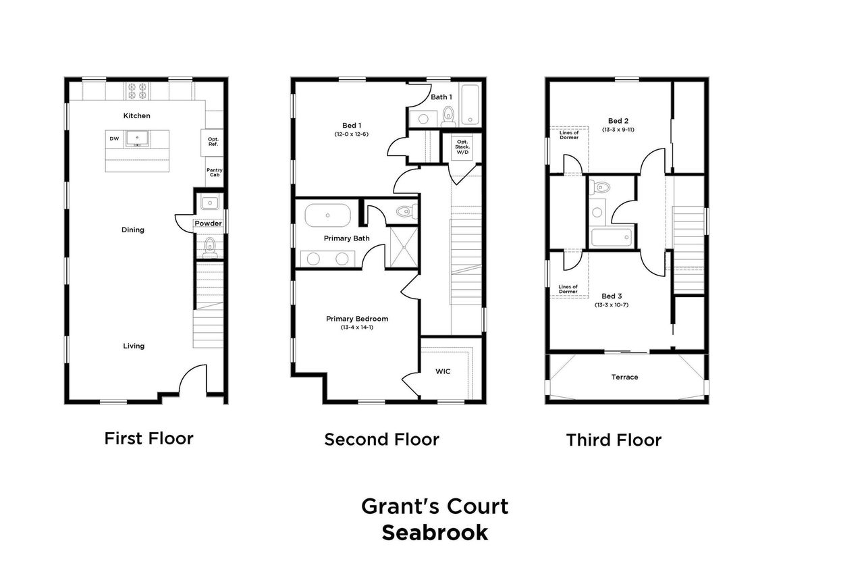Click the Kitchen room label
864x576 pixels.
[x=137, y=115]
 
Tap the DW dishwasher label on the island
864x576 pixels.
[x=114, y=139]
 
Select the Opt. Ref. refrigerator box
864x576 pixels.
[x=213, y=142]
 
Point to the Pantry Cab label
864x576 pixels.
[x=214, y=172]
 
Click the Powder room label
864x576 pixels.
[x=208, y=224]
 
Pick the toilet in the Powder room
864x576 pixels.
[x=209, y=246]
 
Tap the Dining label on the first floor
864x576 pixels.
[x=133, y=230]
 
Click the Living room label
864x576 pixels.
[x=134, y=346]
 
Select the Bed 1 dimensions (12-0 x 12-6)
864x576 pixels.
[x=351, y=134]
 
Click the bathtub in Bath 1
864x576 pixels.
[x=470, y=104]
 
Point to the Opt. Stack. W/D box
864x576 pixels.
[x=462, y=146]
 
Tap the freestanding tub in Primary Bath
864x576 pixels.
[x=328, y=216]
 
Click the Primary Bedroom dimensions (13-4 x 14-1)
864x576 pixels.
[x=357, y=328]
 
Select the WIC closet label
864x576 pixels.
[x=443, y=371]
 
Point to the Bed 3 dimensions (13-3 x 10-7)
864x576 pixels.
[x=612, y=305]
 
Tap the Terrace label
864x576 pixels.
[x=624, y=377]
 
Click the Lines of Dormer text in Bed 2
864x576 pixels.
[x=569, y=135]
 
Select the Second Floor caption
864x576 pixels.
[x=381, y=439]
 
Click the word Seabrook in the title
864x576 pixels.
[x=435, y=532]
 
